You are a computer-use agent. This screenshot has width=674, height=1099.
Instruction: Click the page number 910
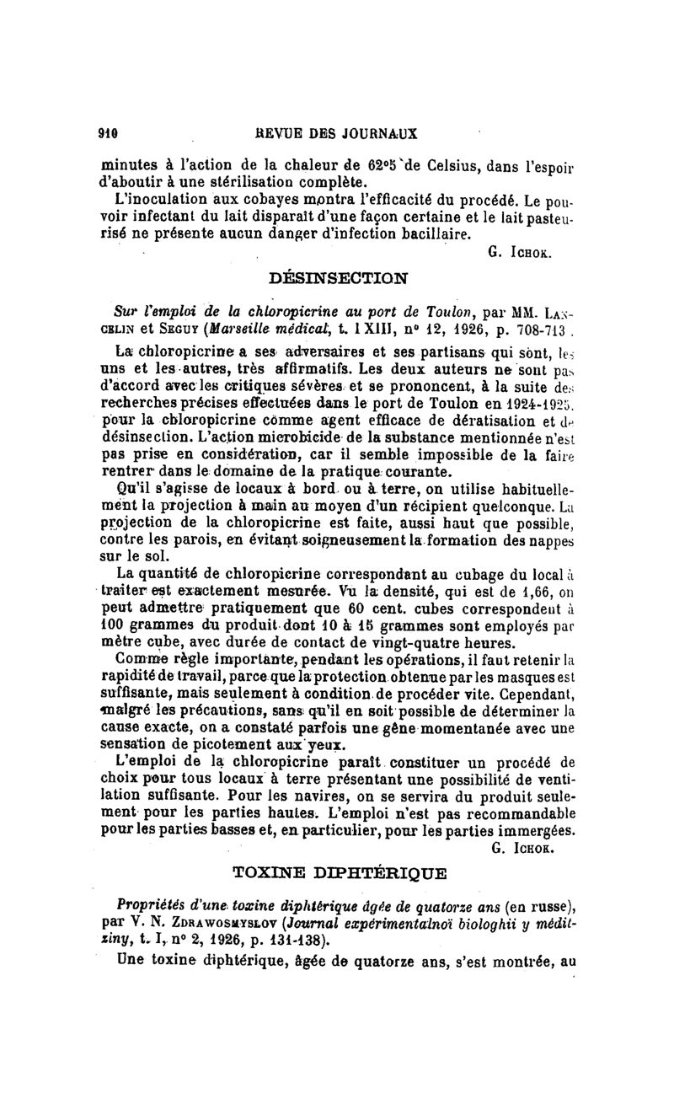tap(106, 133)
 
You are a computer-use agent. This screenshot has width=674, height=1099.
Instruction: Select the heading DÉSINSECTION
tap(337, 276)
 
